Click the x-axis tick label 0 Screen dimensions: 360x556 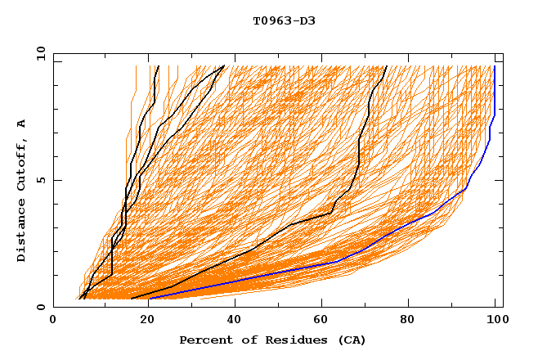click(x=53, y=320)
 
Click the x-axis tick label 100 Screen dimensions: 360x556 click(x=495, y=320)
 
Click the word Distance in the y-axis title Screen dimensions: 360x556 click(x=22, y=232)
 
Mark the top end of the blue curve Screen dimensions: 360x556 click(x=495, y=66)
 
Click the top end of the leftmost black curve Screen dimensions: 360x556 click(x=157, y=66)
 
